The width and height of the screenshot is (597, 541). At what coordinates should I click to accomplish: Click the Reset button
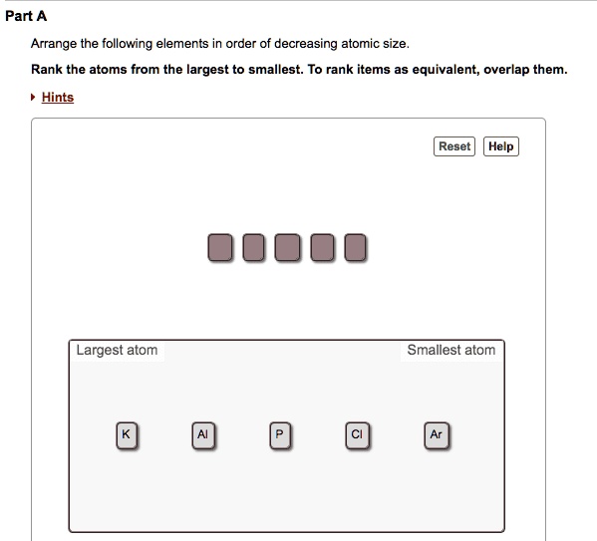pyautogui.click(x=454, y=146)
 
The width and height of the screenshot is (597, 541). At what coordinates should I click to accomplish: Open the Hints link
pyautogui.click(x=58, y=97)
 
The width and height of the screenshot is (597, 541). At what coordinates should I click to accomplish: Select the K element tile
pyautogui.click(x=126, y=435)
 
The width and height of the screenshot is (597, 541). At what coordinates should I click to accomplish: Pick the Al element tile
pyautogui.click(x=202, y=435)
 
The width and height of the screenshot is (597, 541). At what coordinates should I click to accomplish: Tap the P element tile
pyautogui.click(x=280, y=435)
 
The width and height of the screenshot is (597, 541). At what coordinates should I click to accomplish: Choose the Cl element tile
pyautogui.click(x=357, y=435)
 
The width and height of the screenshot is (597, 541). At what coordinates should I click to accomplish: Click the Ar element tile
pyautogui.click(x=436, y=435)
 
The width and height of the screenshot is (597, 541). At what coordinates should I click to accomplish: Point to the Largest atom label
pyautogui.click(x=117, y=350)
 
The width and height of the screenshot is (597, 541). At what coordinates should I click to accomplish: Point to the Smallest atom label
pyautogui.click(x=450, y=350)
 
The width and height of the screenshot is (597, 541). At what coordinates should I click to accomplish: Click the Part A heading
pyautogui.click(x=26, y=17)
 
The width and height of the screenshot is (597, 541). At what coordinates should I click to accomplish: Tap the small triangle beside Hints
pyautogui.click(x=33, y=97)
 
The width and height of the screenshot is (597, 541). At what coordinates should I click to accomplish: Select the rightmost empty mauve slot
pyautogui.click(x=355, y=248)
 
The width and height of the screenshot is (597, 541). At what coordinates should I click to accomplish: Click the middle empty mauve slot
pyautogui.click(x=287, y=248)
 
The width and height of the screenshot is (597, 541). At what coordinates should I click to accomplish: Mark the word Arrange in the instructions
pyautogui.click(x=55, y=44)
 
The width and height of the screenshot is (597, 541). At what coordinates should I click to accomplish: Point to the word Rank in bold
pyautogui.click(x=48, y=70)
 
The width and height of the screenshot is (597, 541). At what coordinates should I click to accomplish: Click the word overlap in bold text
pyautogui.click(x=508, y=70)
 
